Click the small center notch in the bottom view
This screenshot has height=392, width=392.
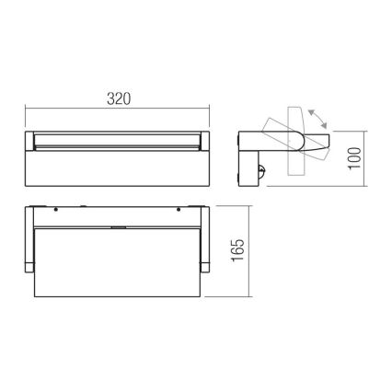(118, 225)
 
